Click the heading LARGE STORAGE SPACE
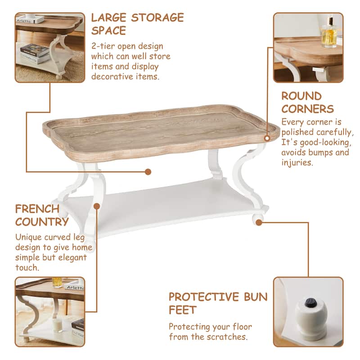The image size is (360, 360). pos(137,24)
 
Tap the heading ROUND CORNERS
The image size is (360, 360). pos(308,102)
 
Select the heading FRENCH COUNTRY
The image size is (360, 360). pos(42,215)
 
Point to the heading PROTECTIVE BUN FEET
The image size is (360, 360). pos(218,303)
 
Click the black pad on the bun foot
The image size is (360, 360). pos(310,303)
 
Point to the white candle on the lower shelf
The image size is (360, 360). pos(57,325)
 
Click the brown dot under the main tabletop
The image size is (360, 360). pos(148,171)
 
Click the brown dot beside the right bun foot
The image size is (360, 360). pos(259,222)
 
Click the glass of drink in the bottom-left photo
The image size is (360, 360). pos(57,283)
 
